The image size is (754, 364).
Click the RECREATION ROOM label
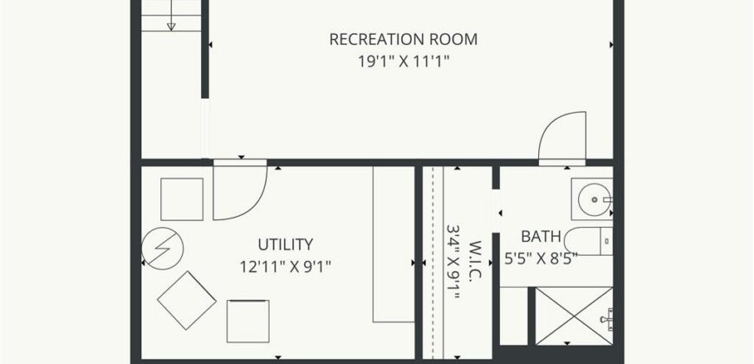tap(404, 39)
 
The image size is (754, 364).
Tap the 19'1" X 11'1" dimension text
tap(404, 62)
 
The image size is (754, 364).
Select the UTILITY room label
tap(285, 244)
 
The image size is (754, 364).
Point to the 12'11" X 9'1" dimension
tap(286, 266)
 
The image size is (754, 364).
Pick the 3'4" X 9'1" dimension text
tap(453, 262)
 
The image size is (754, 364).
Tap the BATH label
tap(541, 237)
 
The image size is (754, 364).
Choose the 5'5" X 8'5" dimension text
tap(541, 259)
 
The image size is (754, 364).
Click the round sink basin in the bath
tap(595, 199)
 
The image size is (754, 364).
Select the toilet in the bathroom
tap(588, 242)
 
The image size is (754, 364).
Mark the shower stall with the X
tap(574, 316)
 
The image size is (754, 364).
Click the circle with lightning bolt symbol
tap(163, 248)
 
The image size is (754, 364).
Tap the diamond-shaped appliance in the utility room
tap(186, 300)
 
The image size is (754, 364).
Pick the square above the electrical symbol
tap(182, 199)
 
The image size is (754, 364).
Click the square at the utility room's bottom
tap(248, 322)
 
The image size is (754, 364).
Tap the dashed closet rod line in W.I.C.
tap(432, 263)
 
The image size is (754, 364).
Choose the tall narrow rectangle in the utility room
tap(393, 244)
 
